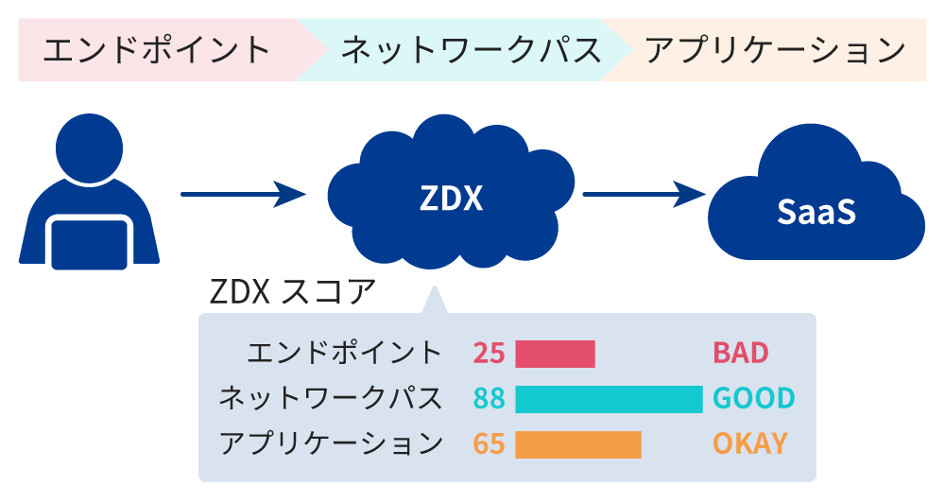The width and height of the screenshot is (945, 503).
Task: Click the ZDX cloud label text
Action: (x=451, y=199)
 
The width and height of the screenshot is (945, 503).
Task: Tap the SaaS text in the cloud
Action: (x=816, y=211)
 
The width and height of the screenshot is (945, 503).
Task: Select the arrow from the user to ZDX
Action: (x=243, y=196)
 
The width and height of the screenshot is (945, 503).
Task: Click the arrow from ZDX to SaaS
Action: (x=644, y=196)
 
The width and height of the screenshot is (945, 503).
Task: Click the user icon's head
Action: (x=89, y=148)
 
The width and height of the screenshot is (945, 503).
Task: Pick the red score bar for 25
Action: (x=555, y=354)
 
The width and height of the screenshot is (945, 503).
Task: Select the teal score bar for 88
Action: (x=609, y=398)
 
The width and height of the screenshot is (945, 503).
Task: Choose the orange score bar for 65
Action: (x=578, y=443)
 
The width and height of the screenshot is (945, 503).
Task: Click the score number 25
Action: (x=489, y=354)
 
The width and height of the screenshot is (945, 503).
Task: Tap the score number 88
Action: (x=489, y=398)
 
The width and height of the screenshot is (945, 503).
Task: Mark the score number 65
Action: (x=489, y=443)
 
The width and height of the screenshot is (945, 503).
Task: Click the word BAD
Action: (x=740, y=354)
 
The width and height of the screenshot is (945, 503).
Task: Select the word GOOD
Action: (x=753, y=398)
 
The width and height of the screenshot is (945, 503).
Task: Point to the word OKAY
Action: (x=749, y=443)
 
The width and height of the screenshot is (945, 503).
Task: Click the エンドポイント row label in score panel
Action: (x=344, y=354)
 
